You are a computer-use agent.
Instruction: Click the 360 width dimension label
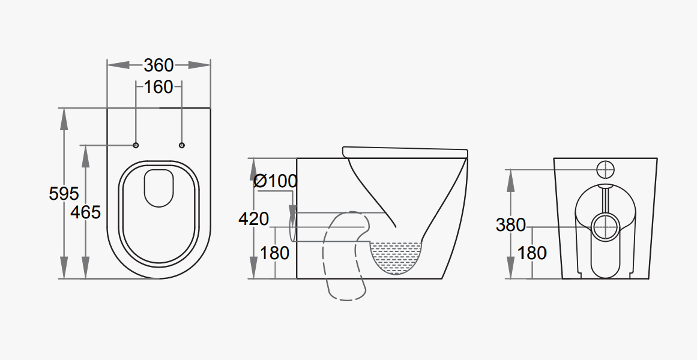pos(158,65)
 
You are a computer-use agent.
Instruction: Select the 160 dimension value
pos(158,87)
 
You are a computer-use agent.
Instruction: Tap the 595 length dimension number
pos(64,194)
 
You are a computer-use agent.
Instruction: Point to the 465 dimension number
pos(85,212)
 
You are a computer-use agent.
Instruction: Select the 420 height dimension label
pos(253,219)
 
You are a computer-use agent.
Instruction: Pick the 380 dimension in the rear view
pos(510,225)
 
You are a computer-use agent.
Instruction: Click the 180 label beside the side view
pos(274,253)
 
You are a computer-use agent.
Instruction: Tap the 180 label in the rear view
pos(532,253)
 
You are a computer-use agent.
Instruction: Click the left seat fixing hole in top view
pos(136,145)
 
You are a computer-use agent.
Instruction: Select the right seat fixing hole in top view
pos(182,145)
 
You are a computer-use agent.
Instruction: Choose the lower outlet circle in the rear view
pos(606,226)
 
